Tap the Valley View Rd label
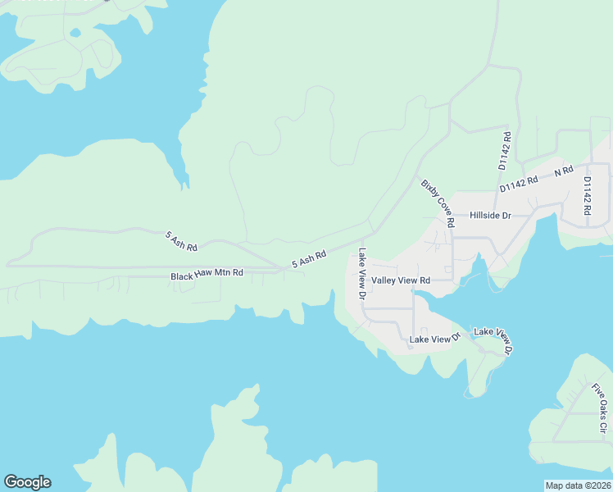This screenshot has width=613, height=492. (401, 280)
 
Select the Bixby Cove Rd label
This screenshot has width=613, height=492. (438, 203)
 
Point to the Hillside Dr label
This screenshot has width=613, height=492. (490, 216)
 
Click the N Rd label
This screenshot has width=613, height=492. (563, 171)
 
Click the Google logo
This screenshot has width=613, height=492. (27, 482)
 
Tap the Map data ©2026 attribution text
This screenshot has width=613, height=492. (579, 485)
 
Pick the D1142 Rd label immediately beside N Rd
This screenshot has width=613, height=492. (519, 184)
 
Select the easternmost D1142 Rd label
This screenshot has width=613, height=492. (588, 195)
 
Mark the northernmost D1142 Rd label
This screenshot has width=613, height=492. (505, 150)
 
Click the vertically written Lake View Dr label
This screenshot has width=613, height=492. (361, 273)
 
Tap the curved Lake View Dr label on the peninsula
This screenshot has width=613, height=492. (494, 340)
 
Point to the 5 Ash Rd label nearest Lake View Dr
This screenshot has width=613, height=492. (309, 259)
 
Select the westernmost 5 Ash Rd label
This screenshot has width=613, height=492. (181, 241)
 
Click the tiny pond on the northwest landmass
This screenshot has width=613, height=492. (75, 34)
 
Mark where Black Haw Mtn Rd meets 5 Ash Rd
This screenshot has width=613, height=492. (283, 268)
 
